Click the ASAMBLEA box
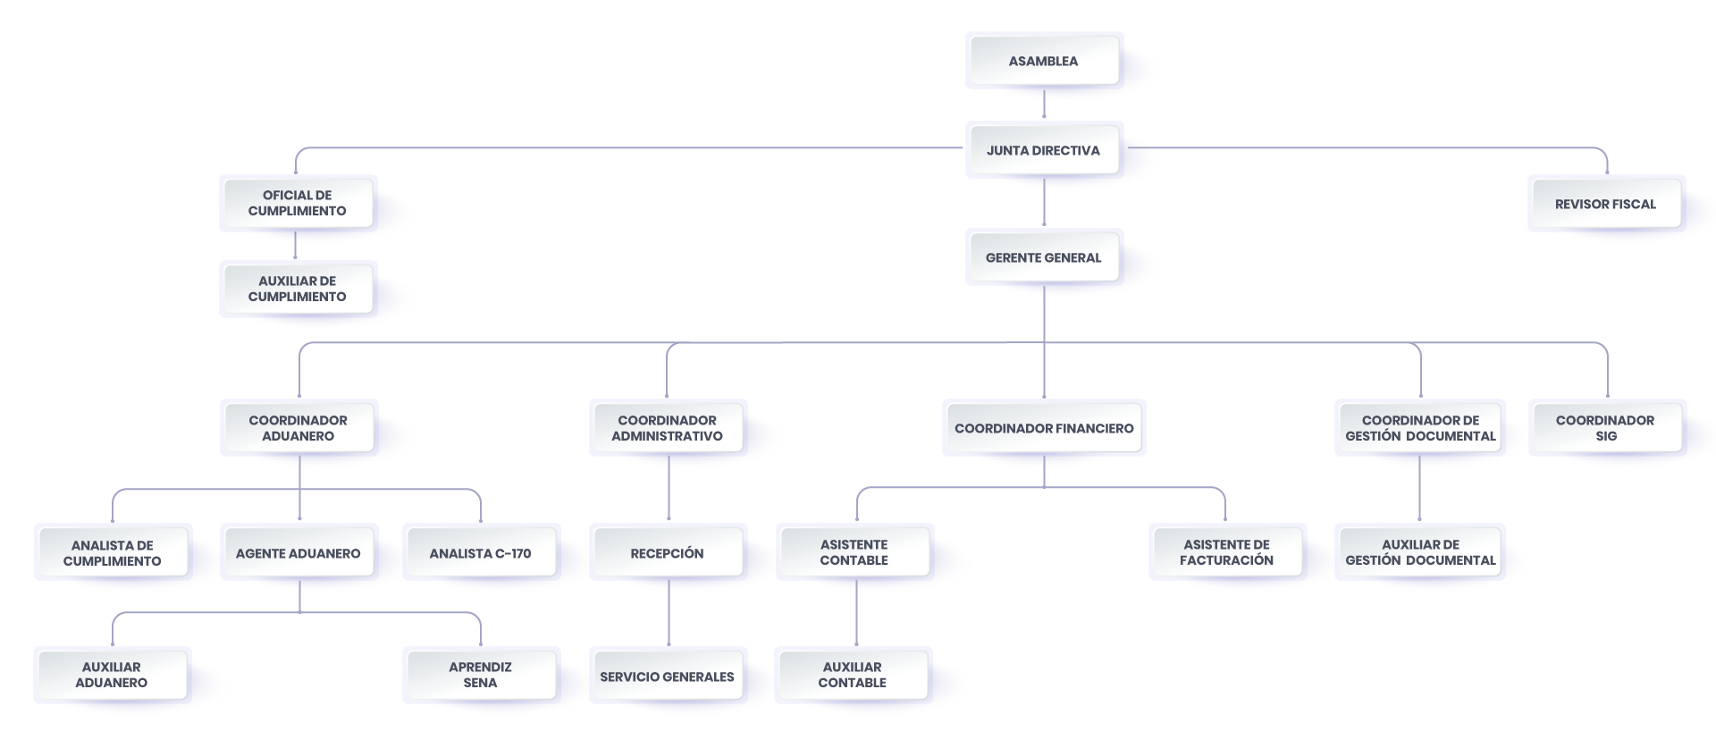tap(1044, 61)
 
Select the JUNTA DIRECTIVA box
tap(1044, 150)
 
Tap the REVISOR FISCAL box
tap(1606, 204)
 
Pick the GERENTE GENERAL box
tap(1044, 257)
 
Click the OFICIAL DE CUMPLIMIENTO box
tap(298, 203)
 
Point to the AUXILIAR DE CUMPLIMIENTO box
tap(298, 289)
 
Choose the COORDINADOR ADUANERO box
tap(299, 428)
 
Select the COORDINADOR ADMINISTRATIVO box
tap(668, 428)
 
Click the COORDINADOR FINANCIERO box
tap(1044, 428)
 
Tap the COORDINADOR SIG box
tap(1606, 428)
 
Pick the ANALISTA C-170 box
tap(481, 553)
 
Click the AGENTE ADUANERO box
tap(299, 553)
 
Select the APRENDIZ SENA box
tap(481, 675)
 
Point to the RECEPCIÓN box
tap(668, 553)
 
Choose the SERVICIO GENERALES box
tap(668, 677)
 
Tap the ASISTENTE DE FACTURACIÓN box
tap(1227, 552)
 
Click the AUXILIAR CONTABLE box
tap(853, 675)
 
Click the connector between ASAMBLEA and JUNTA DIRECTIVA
tap(1044, 104)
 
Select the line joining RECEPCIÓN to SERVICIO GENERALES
tap(669, 613)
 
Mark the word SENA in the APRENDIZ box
tap(481, 683)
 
